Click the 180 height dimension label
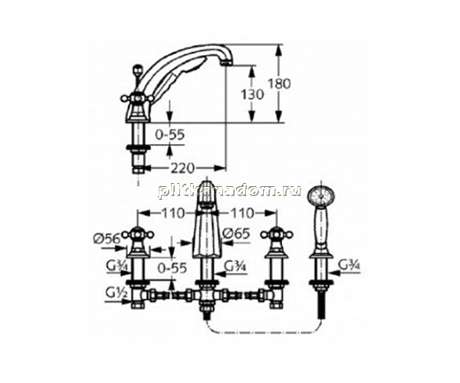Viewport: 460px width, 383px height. [x=279, y=83]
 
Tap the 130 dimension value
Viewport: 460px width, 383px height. [x=252, y=94]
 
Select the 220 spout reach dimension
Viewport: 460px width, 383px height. [x=182, y=169]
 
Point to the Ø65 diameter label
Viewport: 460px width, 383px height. [x=236, y=234]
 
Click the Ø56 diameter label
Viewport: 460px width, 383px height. [x=107, y=239]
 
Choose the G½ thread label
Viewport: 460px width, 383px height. [x=117, y=293]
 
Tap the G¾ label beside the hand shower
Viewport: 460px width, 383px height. [x=350, y=266]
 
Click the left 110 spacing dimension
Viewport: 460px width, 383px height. [x=173, y=214]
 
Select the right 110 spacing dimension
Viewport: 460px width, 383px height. [x=242, y=214]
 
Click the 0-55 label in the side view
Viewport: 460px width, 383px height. [x=170, y=135]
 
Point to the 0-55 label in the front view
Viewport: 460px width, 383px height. [x=172, y=267]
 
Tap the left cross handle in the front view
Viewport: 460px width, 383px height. [x=138, y=234]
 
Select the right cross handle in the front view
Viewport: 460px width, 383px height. [x=277, y=234]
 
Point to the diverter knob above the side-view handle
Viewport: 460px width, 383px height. [x=136, y=70]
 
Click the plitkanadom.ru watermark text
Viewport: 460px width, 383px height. [x=229, y=191]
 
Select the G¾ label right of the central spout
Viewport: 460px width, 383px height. [x=235, y=267]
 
